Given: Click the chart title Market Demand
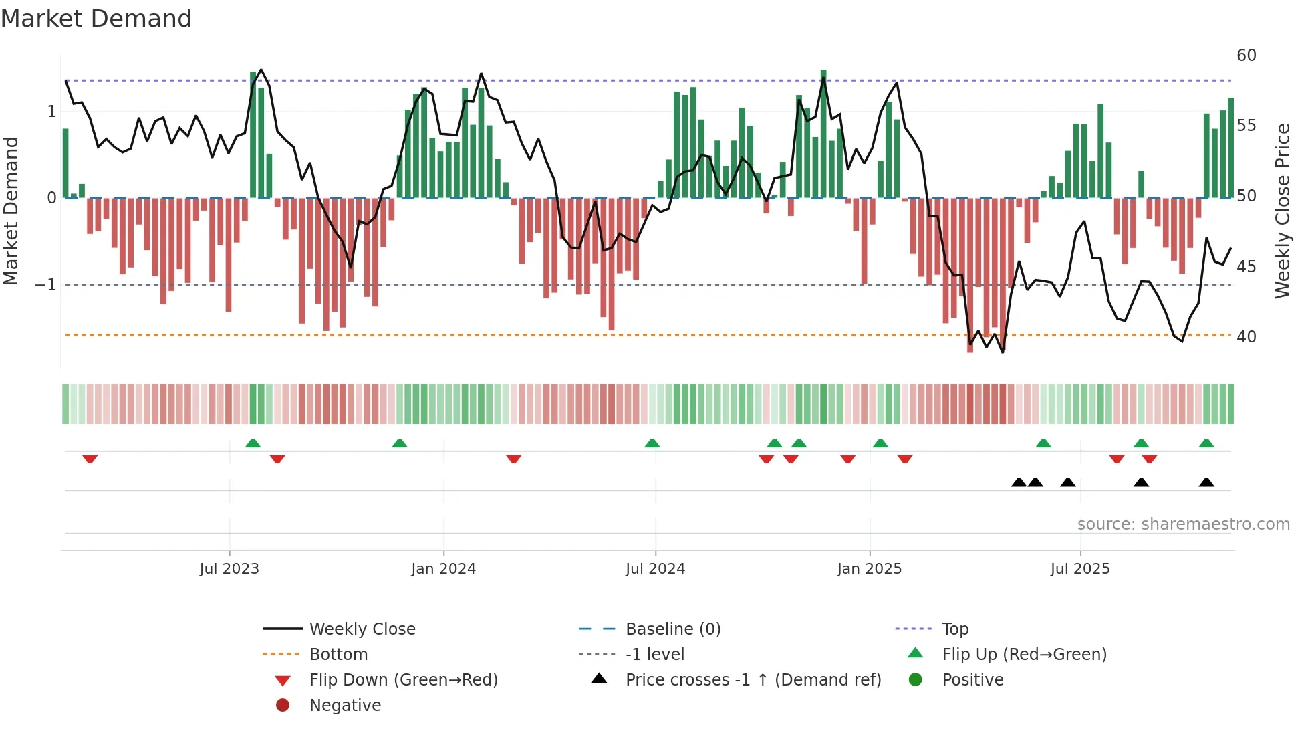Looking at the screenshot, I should click(96, 19).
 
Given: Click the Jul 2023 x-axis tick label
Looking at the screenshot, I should click(229, 569).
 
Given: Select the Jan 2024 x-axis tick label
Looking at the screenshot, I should click(443, 569).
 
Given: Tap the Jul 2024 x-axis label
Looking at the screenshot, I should click(655, 569).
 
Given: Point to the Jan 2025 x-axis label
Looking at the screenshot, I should click(869, 569).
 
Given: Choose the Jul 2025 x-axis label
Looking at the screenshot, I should click(1080, 569).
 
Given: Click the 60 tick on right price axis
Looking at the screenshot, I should click(1246, 56).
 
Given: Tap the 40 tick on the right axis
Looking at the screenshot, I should click(1246, 337).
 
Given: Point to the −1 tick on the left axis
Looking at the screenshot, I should click(45, 285).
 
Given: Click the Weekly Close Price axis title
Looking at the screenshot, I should click(1282, 211).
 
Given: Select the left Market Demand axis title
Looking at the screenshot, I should click(11, 211).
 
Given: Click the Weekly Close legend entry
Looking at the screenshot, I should click(362, 629).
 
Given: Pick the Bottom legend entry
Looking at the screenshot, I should click(338, 655).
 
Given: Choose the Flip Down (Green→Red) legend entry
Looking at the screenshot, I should click(403, 680).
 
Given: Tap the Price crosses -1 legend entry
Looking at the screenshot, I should click(753, 680).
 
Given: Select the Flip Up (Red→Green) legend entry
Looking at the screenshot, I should click(1024, 655).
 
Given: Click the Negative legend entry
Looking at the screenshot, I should click(345, 706).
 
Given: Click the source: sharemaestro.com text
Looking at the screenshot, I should click(1183, 524).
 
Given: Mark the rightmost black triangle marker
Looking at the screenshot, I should click(1206, 483).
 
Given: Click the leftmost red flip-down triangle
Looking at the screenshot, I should click(90, 459).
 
